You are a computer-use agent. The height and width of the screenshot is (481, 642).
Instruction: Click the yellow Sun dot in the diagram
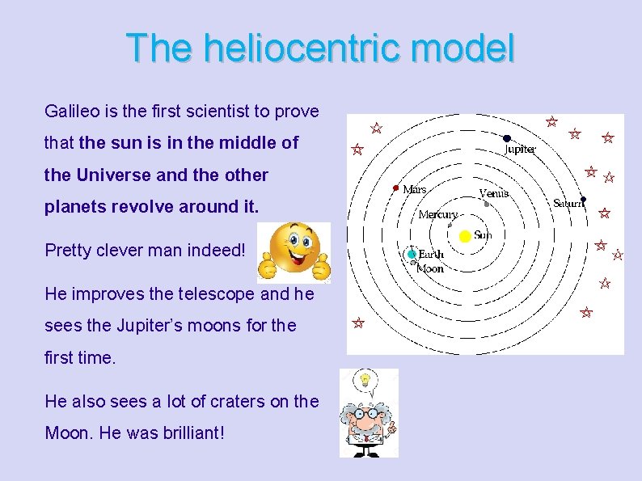465,236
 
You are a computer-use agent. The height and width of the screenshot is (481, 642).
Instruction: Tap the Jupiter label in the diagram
520,150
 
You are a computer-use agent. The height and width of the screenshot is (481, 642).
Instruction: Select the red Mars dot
395,188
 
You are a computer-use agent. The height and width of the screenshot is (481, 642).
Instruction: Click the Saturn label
568,205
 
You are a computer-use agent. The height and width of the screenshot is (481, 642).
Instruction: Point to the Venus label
493,193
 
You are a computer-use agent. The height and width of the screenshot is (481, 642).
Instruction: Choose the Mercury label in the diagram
437,215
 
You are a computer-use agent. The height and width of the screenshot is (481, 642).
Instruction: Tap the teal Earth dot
412,254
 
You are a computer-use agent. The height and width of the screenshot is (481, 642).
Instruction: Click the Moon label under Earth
429,268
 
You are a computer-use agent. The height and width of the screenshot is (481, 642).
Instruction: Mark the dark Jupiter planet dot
507,138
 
